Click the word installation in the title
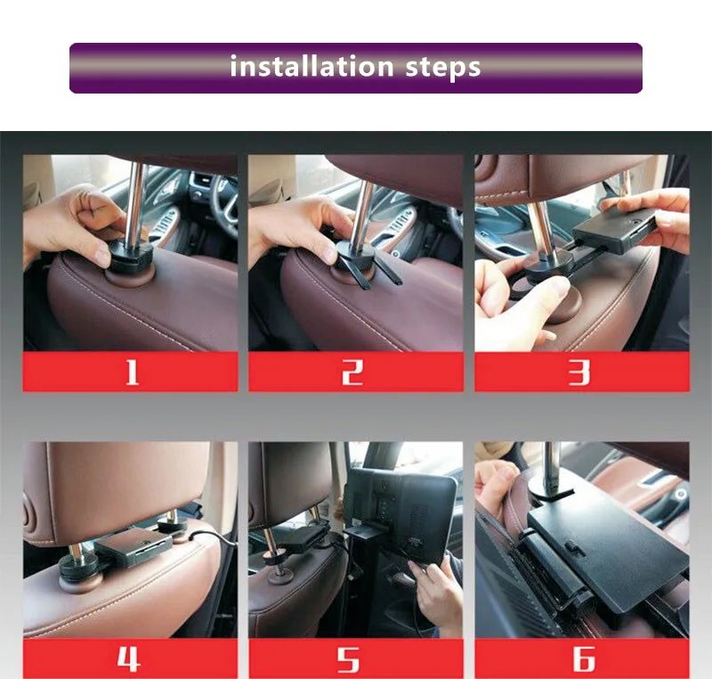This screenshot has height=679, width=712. point(311,66)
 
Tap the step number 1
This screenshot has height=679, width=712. point(132,372)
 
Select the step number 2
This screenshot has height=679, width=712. point(352,372)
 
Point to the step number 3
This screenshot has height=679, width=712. point(579,372)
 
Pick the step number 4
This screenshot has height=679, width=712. point(128,659)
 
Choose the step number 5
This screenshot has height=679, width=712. point(348,659)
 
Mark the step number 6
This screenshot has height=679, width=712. point(583,659)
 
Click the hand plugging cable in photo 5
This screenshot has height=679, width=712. point(433,591)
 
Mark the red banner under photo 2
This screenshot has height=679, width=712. point(356,372)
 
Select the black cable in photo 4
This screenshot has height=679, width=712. point(214,540)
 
